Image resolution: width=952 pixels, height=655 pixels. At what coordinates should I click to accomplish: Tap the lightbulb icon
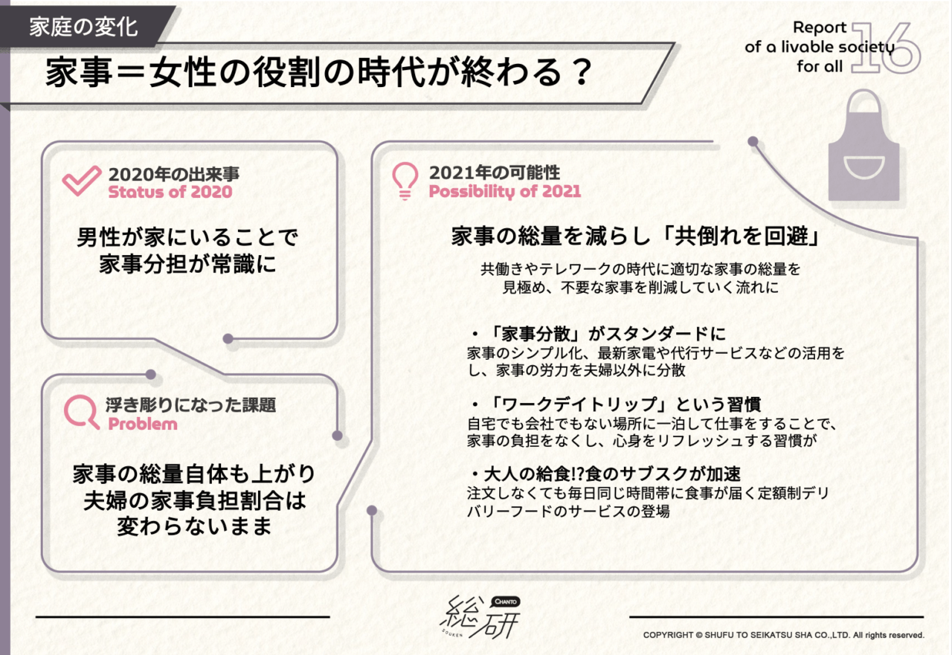[x=405, y=180]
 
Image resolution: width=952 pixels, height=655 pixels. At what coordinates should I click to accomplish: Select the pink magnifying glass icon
[x=81, y=411]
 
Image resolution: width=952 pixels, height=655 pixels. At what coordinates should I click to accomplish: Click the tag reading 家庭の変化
[x=84, y=28]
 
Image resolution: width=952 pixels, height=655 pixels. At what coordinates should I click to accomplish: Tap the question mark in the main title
[x=582, y=72]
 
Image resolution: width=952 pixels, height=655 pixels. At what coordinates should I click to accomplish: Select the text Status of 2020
[x=170, y=192]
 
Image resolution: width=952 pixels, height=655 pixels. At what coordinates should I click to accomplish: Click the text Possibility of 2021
[x=504, y=191]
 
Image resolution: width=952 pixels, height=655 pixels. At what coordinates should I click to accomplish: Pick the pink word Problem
[x=143, y=424]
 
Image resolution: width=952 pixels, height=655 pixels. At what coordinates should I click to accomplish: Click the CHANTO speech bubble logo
[x=505, y=601]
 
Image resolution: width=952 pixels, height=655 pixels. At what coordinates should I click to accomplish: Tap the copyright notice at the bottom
[x=783, y=635]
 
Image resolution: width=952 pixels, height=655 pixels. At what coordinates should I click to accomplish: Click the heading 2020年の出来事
[x=174, y=174]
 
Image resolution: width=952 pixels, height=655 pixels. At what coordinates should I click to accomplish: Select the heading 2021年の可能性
[x=495, y=172]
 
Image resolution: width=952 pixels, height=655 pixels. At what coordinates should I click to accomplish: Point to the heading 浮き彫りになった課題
[x=191, y=405]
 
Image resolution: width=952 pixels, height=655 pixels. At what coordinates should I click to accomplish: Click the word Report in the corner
[x=820, y=28]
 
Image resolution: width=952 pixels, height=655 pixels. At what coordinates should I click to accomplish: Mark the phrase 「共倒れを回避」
[x=742, y=236]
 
